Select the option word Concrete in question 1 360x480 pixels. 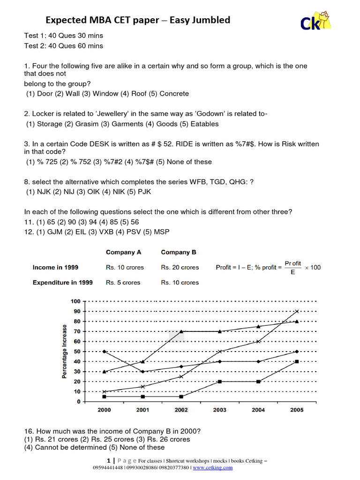174,94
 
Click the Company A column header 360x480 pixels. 123,252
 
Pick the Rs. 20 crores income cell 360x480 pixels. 180,267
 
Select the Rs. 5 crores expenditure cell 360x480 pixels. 123,283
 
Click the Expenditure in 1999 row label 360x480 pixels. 62,283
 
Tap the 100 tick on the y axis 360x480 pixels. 75,301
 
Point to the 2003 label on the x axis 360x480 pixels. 219,410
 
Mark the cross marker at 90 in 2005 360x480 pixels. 297,311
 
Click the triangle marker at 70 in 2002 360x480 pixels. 181,331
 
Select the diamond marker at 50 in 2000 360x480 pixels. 104,352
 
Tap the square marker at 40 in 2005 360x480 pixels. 297,361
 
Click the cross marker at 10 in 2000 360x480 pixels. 104,391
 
